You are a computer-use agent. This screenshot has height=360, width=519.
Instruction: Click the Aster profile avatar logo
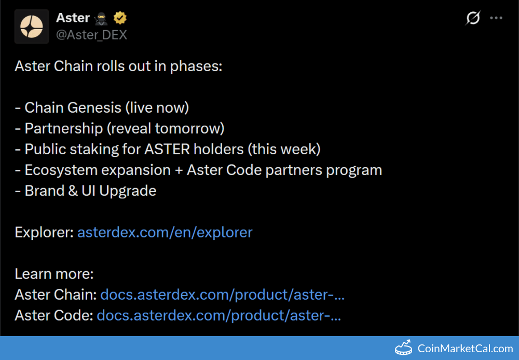coord(32,26)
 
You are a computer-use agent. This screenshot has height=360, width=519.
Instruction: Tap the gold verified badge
coord(120,18)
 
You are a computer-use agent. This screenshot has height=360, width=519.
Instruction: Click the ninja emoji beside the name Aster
coord(101,19)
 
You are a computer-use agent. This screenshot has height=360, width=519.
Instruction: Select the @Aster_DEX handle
coord(91,35)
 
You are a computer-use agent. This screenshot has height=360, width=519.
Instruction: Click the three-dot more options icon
coord(496,18)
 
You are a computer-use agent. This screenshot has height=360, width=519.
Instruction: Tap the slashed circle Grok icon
coord(473,18)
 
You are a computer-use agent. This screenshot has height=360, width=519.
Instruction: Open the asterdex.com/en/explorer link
coord(165,232)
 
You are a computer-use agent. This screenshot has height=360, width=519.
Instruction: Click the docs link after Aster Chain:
coord(223,295)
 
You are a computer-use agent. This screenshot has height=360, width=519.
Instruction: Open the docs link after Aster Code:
coord(219,315)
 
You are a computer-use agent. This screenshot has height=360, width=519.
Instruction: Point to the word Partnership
coord(64,128)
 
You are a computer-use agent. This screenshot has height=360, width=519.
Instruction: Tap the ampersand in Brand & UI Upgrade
coord(73,191)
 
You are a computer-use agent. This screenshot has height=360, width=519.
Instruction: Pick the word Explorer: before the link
coord(44,232)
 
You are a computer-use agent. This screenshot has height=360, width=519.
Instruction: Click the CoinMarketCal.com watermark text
coord(465,349)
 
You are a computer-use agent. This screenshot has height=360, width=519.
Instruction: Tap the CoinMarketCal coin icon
coord(403,348)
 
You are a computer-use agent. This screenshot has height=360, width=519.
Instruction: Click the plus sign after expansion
coord(179,170)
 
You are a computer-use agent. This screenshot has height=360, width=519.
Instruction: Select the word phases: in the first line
coord(196,66)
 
